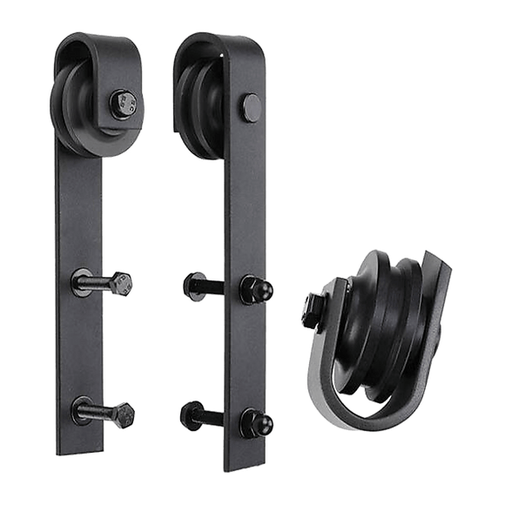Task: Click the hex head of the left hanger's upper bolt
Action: pyautogui.click(x=123, y=283)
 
